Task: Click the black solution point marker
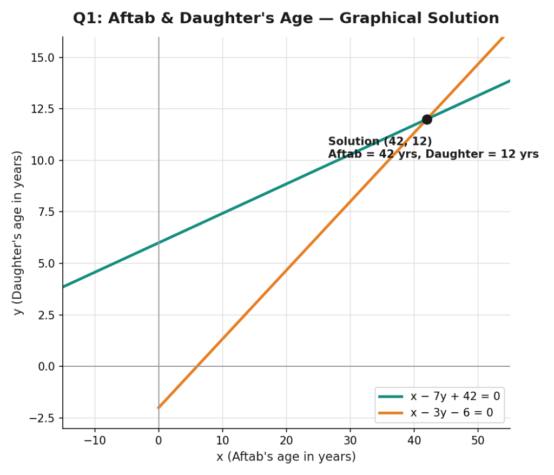click(427, 120)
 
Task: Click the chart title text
click(286, 18)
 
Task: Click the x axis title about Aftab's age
click(286, 457)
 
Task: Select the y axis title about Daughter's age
click(17, 233)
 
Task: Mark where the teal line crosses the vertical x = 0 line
click(159, 243)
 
